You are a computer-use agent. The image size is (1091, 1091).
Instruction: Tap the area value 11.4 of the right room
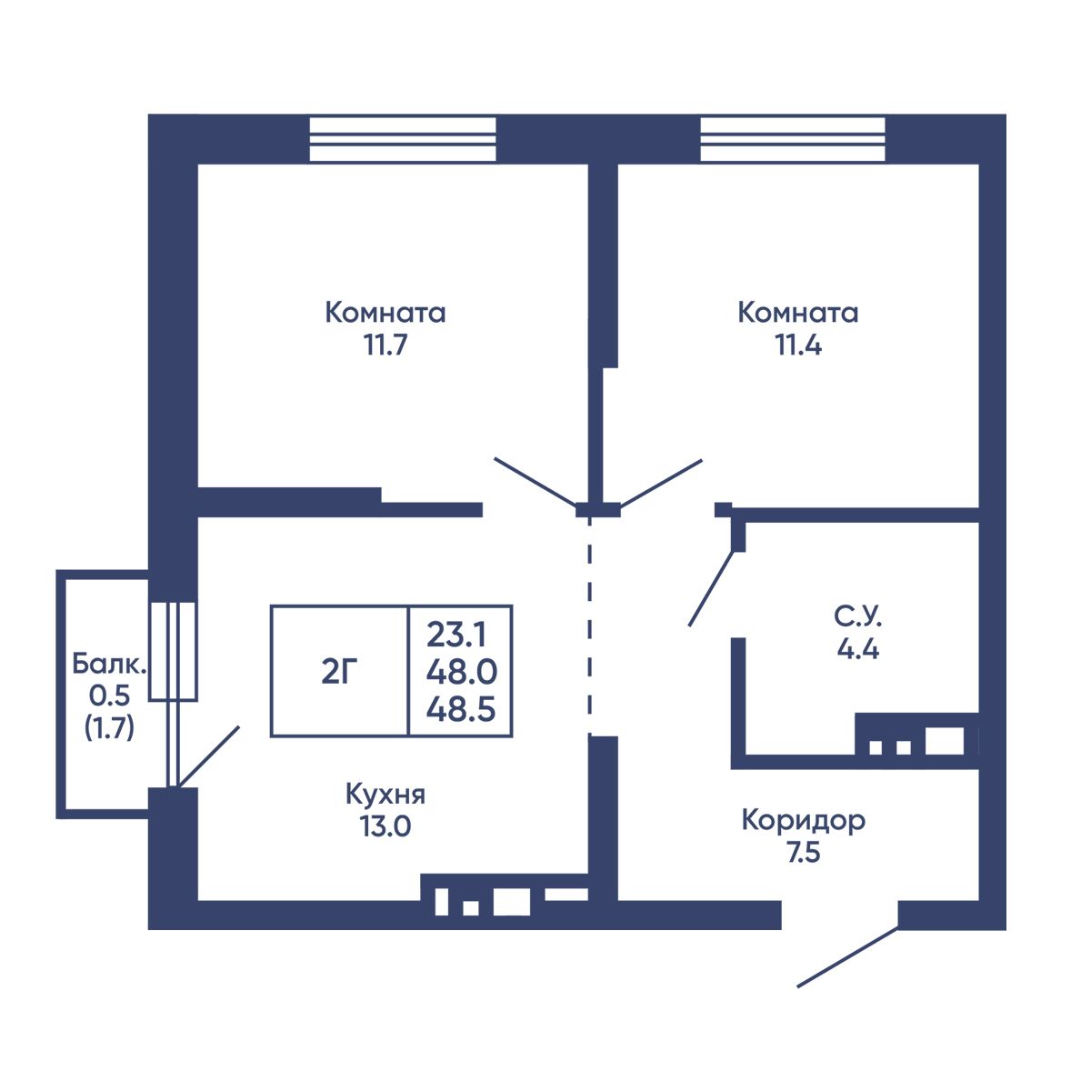798,345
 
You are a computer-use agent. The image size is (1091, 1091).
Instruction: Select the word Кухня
385,795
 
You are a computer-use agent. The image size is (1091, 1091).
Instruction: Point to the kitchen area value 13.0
385,826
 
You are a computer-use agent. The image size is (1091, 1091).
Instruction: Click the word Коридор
804,820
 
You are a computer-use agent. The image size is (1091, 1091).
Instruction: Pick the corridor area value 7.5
804,852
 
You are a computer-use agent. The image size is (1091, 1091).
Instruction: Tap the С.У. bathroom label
857,616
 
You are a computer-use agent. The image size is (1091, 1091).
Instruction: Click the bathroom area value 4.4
857,649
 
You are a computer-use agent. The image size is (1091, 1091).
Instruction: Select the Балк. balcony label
109,664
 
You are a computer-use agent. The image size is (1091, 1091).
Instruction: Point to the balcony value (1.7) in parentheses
109,728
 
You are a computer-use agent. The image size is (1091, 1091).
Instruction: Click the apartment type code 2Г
339,673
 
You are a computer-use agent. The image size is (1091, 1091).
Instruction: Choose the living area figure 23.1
456,634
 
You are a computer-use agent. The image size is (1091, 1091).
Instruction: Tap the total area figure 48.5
461,709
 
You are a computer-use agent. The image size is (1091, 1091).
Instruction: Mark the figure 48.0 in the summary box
462,672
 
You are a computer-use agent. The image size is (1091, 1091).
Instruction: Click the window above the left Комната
403,139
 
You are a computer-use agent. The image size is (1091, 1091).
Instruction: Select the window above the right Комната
792,139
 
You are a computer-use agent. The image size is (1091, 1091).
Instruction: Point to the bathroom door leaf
711,588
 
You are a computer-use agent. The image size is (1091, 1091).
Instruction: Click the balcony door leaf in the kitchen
208,757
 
